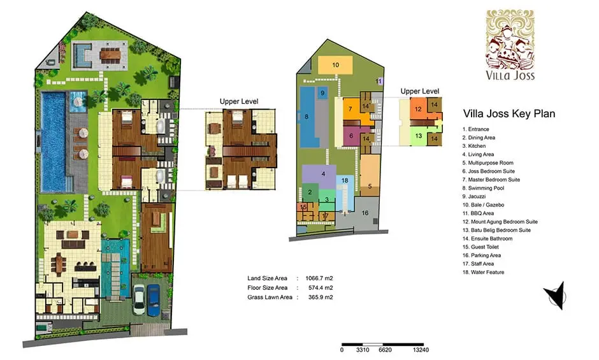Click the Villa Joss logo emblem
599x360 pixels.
pyautogui.click(x=510, y=39)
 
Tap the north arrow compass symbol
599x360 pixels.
pyautogui.click(x=556, y=296)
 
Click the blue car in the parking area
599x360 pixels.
pyautogui.click(x=154, y=300)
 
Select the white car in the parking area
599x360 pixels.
pyautogui.click(x=139, y=300)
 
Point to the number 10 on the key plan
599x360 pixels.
pyautogui.click(x=335, y=65)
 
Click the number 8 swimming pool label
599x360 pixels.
pyautogui.click(x=307, y=117)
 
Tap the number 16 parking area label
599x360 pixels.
pyautogui.click(x=365, y=213)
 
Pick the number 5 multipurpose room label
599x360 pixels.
pyautogui.click(x=370, y=186)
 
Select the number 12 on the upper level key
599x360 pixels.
pyautogui.click(x=418, y=109)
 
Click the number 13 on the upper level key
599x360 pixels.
pyautogui.click(x=418, y=136)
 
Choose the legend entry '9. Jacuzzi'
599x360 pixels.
pyautogui.click(x=474, y=196)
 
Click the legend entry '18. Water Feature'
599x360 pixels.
pyautogui.click(x=483, y=272)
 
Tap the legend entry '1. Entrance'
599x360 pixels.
pyautogui.click(x=475, y=129)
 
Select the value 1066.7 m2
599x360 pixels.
pyautogui.click(x=319, y=278)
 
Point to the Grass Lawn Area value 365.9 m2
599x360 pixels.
pyautogui.click(x=321, y=297)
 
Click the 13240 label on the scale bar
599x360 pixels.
pyautogui.click(x=421, y=350)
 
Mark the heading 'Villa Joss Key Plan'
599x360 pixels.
pyautogui.click(x=509, y=113)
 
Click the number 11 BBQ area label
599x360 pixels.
pyautogui.click(x=379, y=82)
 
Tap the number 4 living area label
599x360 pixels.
pyautogui.click(x=323, y=174)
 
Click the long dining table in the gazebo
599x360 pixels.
pyautogui.click(x=111, y=55)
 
